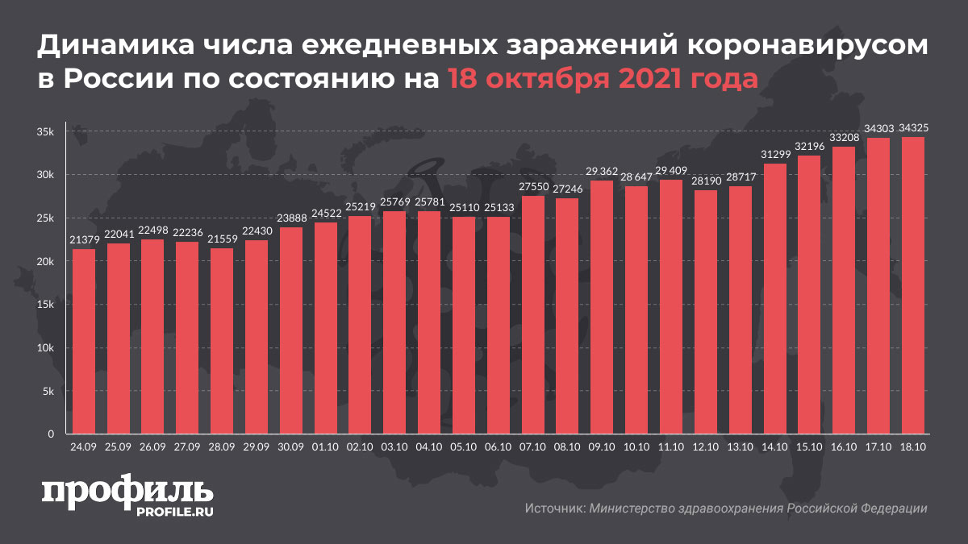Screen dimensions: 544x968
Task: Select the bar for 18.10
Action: pyautogui.click(x=912, y=285)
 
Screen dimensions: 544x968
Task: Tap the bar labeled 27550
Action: pyautogui.click(x=532, y=314)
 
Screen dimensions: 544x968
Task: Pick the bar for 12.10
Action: pyautogui.click(x=705, y=312)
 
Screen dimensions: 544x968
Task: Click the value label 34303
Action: pyautogui.click(x=878, y=129)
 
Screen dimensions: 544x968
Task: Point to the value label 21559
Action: pyautogui.click(x=222, y=239)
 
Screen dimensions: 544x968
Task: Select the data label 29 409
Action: pyautogui.click(x=670, y=171)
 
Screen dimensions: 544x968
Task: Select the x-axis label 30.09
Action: pyautogui.click(x=291, y=445)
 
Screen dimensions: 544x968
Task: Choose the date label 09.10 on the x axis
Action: pyautogui.click(x=602, y=445)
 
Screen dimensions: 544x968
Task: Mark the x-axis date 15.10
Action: pyautogui.click(x=809, y=445)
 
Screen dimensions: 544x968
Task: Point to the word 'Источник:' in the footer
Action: pyautogui.click(x=554, y=509)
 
